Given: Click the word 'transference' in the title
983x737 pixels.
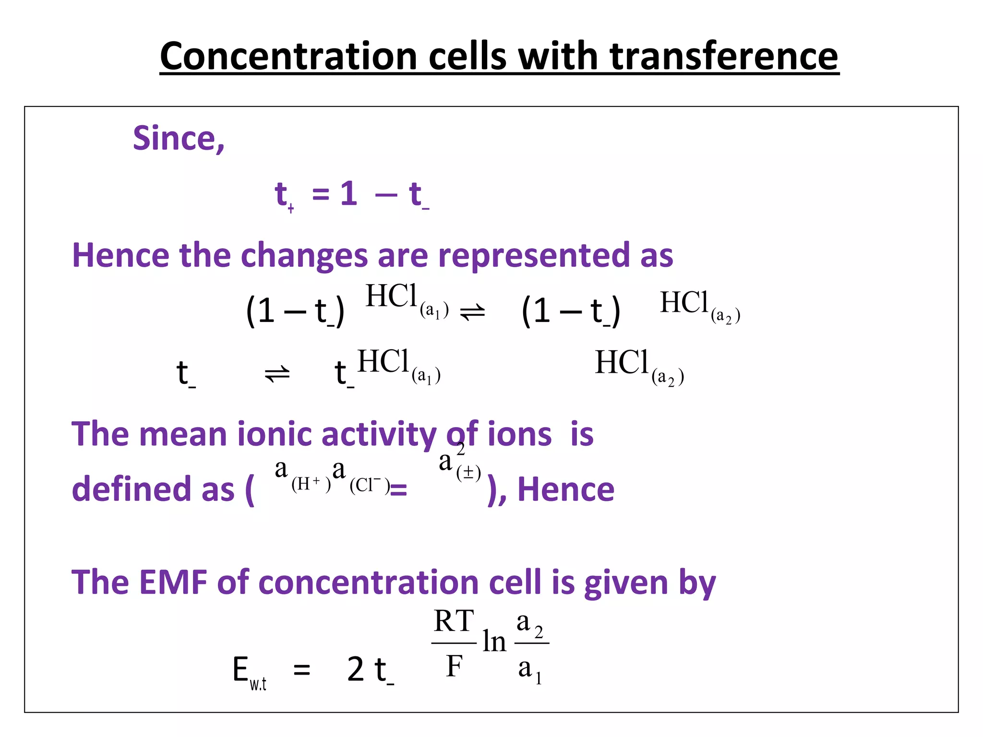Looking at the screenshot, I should [x=724, y=57].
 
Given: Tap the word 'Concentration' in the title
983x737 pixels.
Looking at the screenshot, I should [x=288, y=57].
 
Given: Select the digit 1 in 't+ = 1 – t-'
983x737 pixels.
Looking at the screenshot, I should [x=349, y=194].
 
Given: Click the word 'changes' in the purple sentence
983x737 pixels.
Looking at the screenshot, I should [x=304, y=256].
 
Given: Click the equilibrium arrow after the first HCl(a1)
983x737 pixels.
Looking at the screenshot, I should [x=472, y=313].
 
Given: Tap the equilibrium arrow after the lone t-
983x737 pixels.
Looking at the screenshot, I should [x=277, y=373].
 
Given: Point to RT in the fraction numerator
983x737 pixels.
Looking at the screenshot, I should [x=454, y=621].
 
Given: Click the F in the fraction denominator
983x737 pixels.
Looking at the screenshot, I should [x=454, y=666].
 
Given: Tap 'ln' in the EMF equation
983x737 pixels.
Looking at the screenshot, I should [x=494, y=642].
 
